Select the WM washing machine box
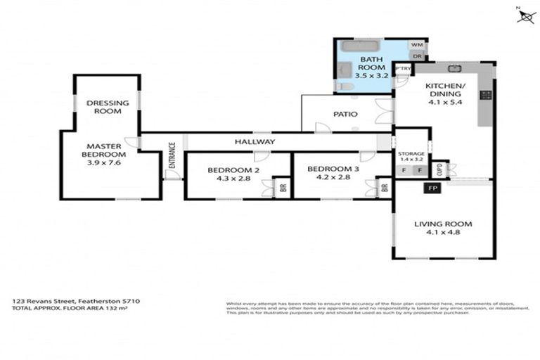[416, 44]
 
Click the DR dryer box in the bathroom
[416, 56]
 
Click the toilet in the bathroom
[345, 86]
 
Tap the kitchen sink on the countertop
[455, 68]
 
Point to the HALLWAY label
[255, 141]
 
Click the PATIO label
[345, 114]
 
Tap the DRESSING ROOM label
[103, 107]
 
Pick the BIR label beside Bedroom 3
[384, 188]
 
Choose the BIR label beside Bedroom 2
[283, 188]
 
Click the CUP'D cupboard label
[439, 169]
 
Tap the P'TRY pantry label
[402, 68]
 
